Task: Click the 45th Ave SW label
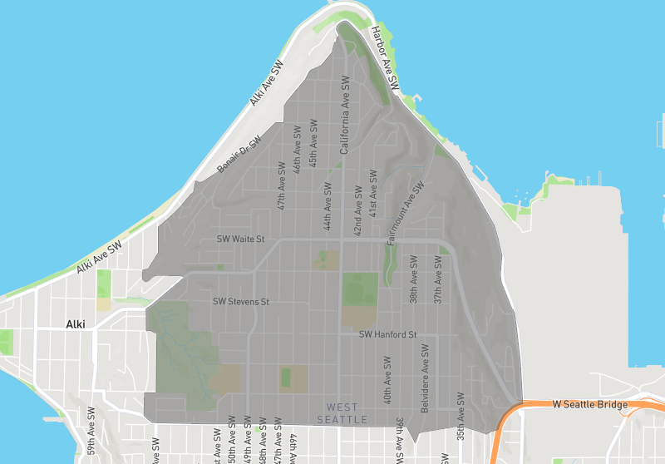click(x=313, y=142)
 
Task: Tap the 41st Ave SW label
click(x=374, y=194)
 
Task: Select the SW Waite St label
click(x=240, y=239)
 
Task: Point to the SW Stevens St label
click(x=241, y=301)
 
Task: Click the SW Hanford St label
click(x=387, y=334)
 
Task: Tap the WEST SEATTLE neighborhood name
click(x=342, y=413)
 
